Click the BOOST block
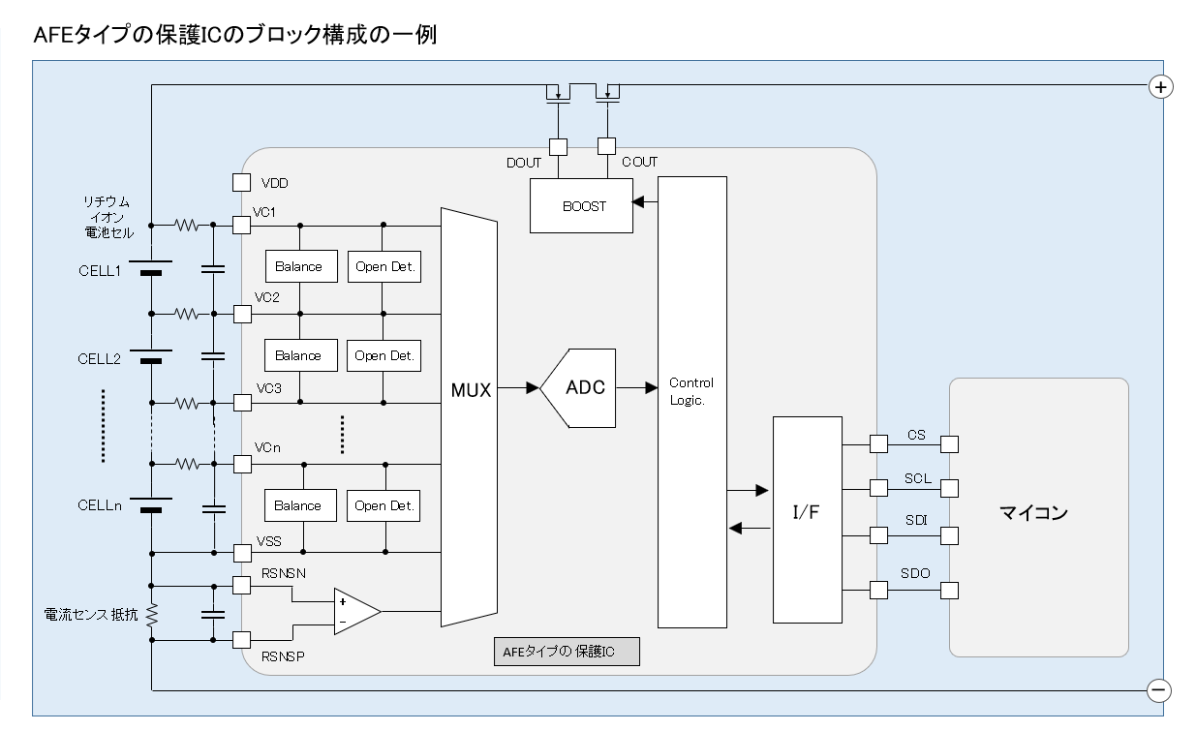point(581,206)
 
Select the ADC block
point(583,387)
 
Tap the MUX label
point(472,391)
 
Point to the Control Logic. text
point(691,391)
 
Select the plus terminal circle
point(1159,86)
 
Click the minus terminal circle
point(1159,689)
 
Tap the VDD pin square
point(242,182)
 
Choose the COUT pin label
point(639,163)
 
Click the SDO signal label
point(915,573)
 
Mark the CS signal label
point(916,435)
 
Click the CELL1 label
point(99,270)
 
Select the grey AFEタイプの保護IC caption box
point(567,652)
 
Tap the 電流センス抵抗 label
point(92,615)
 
